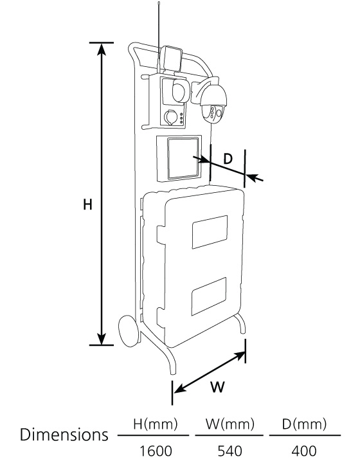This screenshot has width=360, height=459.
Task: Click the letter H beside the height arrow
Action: click(x=87, y=204)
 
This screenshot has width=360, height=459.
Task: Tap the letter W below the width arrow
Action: click(x=217, y=387)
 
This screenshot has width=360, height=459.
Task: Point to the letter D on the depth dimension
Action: click(x=228, y=159)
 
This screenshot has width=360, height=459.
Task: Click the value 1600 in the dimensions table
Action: click(x=155, y=451)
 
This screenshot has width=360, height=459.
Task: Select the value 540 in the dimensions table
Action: click(x=230, y=451)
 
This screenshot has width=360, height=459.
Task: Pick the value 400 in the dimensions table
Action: click(x=304, y=451)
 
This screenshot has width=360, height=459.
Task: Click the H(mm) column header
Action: click(x=156, y=424)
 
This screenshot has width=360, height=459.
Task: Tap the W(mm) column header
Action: click(x=230, y=424)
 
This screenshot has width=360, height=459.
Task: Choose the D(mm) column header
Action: click(x=304, y=424)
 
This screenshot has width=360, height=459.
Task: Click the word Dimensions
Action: click(x=64, y=435)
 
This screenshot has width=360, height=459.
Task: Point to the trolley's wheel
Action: click(x=129, y=331)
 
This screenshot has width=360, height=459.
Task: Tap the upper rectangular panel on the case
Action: click(x=210, y=232)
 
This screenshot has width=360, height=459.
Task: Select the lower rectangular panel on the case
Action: click(x=209, y=296)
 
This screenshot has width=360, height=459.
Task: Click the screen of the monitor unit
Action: click(x=183, y=158)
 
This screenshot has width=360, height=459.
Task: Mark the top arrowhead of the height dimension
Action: click(x=102, y=49)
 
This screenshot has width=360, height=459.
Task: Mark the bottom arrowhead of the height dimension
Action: click(x=102, y=339)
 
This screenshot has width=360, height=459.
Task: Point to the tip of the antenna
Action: click(x=159, y=3)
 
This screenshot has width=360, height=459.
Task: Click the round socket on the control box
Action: click(x=170, y=118)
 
